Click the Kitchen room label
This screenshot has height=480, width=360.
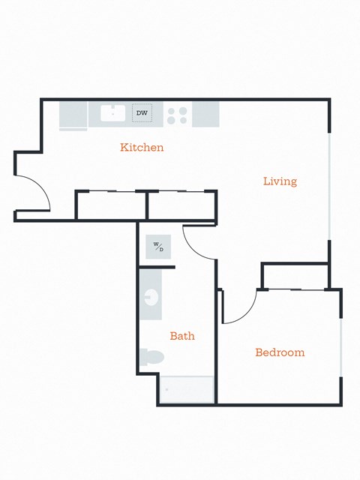coord(142,148)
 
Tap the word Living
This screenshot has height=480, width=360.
coord(280,181)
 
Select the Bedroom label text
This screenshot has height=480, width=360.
coord(280,352)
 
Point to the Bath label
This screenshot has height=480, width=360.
coord(181,336)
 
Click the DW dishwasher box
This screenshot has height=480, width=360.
coord(142,113)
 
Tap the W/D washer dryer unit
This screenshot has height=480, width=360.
coord(158,246)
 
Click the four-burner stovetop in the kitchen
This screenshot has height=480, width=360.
coord(178,115)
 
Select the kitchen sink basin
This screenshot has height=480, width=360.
coord(112,113)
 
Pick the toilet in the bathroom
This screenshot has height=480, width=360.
coord(152,357)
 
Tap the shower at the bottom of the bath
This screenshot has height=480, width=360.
coord(187,389)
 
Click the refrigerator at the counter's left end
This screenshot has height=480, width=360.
coord(73,115)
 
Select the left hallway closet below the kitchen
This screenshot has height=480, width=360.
coord(111,205)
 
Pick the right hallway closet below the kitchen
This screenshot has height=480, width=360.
coord(181,205)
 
